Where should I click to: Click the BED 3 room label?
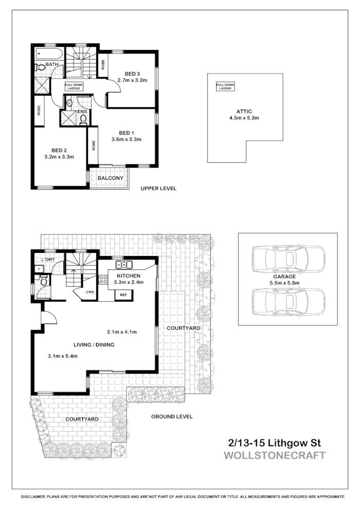click(x=132, y=72)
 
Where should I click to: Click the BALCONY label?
click(x=109, y=178)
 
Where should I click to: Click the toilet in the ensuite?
click(x=83, y=119)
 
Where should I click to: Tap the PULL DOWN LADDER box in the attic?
click(x=225, y=86)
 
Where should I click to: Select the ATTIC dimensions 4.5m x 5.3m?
click(x=244, y=118)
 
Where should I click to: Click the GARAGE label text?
click(x=288, y=276)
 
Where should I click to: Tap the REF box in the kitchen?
click(x=123, y=295)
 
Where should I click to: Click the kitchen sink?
click(x=124, y=265)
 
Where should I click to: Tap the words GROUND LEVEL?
click(x=172, y=416)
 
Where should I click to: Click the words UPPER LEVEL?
click(x=159, y=189)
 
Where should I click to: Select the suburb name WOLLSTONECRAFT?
click(x=275, y=456)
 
